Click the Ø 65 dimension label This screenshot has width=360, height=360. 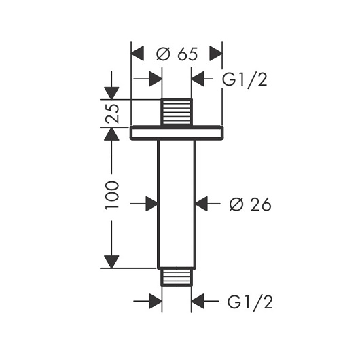tap(177, 54)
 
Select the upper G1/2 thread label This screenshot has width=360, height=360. tap(245, 79)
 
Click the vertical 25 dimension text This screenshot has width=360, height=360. tap(112, 113)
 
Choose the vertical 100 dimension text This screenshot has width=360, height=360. tap(112, 195)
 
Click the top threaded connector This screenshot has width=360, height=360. tap(177, 112)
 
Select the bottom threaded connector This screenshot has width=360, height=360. tap(177, 277)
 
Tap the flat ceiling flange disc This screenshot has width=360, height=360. tap(177, 132)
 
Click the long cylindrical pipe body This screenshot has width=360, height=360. tap(177, 204)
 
